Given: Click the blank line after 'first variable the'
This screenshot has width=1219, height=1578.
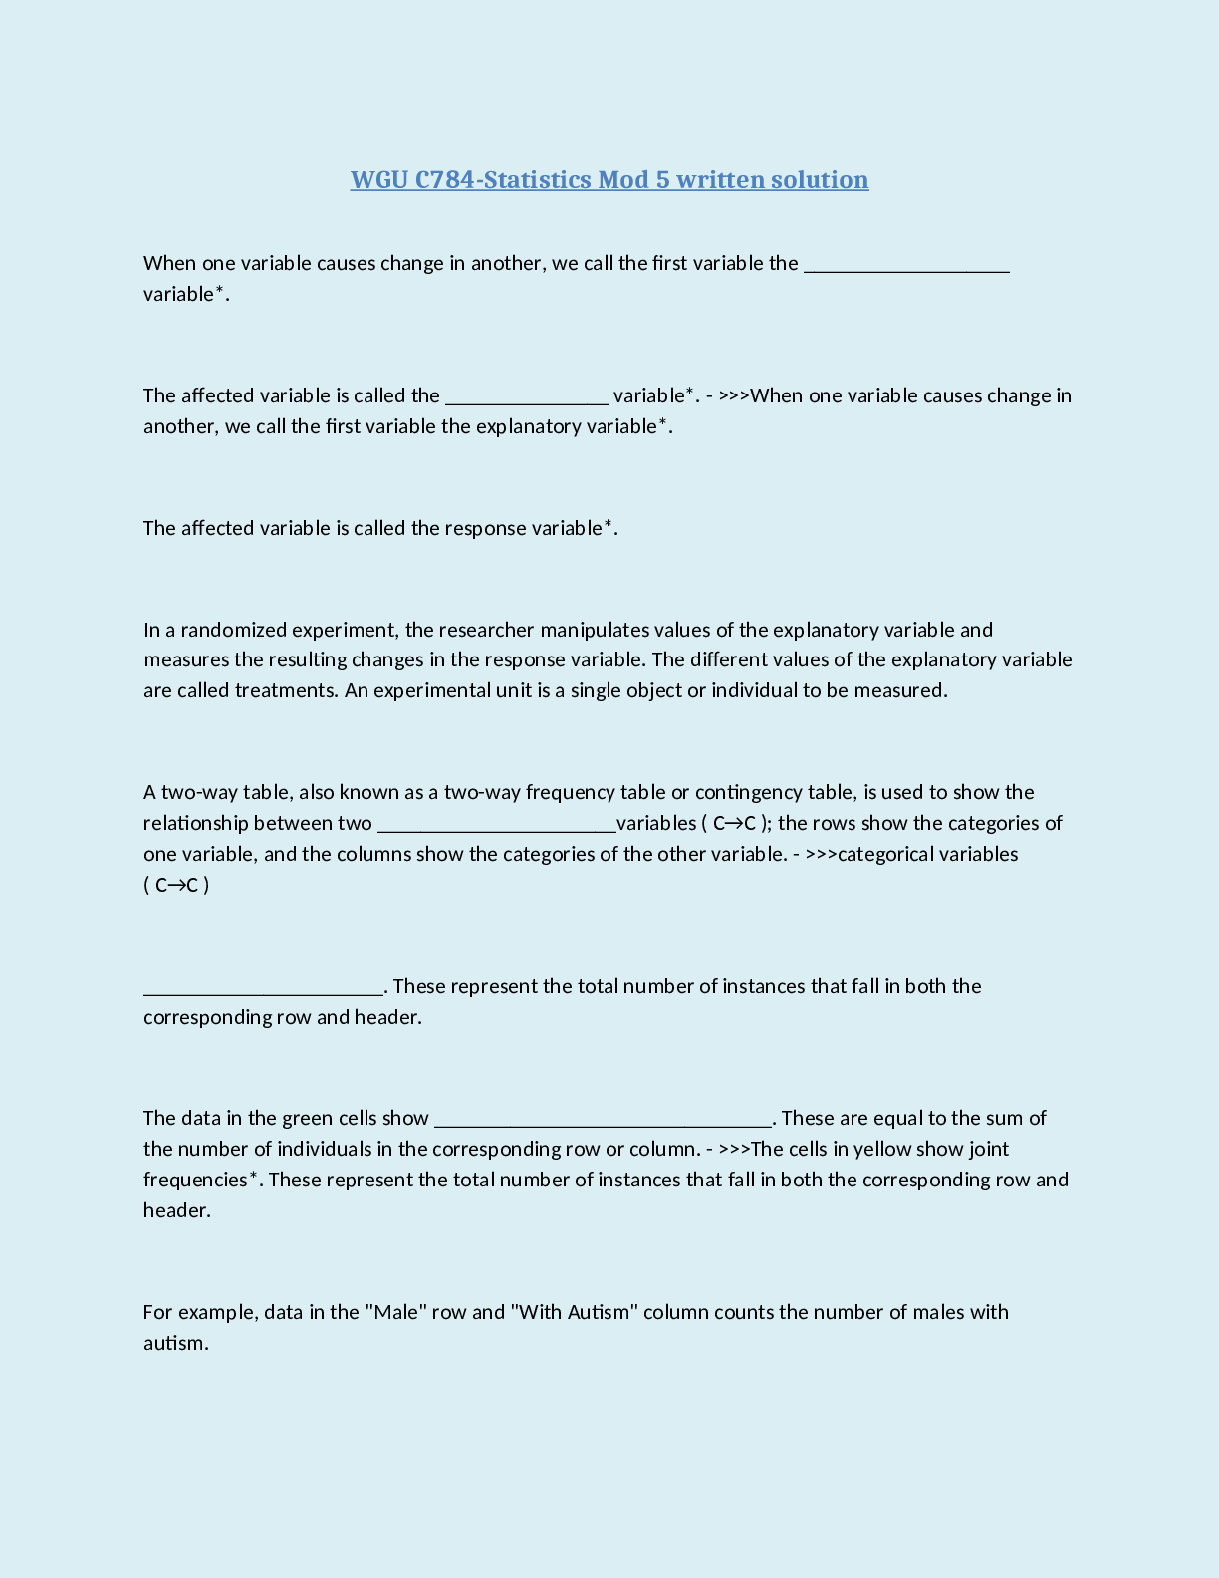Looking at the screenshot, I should tap(906, 266).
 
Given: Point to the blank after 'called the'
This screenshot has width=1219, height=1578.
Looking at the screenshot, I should tap(526, 398).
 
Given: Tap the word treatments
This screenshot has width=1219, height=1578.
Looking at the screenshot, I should tap(285, 690).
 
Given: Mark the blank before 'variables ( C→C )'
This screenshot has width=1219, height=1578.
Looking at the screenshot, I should tap(496, 826).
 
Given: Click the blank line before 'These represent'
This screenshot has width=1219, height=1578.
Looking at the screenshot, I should tap(263, 989).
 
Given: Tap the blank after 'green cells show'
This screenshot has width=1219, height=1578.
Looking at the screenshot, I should tap(604, 1121).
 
